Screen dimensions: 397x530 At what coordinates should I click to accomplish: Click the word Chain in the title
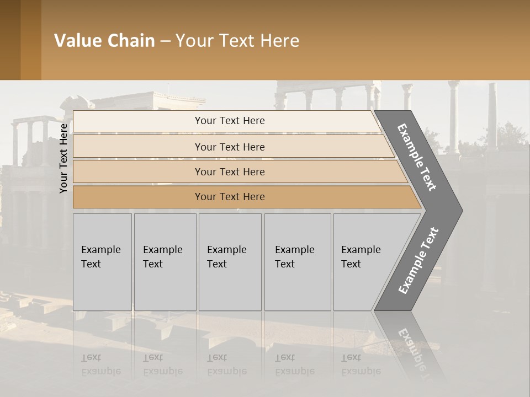click(131, 41)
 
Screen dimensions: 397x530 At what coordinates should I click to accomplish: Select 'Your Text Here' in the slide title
click(237, 41)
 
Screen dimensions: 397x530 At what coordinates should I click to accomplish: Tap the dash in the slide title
click(165, 41)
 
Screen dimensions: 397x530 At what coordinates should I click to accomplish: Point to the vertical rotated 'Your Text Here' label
click(63, 158)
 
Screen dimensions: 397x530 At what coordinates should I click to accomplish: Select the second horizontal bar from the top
click(229, 147)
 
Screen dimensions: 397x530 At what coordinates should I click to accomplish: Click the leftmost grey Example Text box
click(102, 262)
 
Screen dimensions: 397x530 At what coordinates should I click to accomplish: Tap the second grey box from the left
click(165, 262)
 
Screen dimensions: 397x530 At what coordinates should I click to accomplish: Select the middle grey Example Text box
click(230, 262)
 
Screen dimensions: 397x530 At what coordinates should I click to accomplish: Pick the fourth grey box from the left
click(298, 262)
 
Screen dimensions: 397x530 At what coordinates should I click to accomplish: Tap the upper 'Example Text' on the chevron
click(417, 157)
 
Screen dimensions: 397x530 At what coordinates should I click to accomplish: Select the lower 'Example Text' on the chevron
click(418, 260)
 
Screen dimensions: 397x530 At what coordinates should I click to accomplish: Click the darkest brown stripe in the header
click(10, 40)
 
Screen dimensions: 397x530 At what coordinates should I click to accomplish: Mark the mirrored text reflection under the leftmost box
click(101, 364)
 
